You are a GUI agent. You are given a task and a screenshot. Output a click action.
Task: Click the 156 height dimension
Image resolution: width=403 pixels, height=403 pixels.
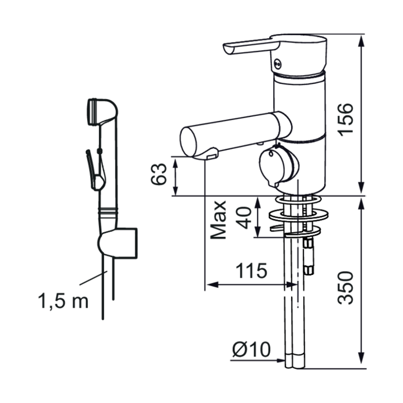tap(346, 120)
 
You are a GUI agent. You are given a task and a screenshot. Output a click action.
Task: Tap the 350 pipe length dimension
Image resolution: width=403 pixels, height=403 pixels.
tap(346, 288)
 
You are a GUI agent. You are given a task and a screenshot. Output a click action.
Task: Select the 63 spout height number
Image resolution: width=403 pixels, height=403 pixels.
tap(158, 174)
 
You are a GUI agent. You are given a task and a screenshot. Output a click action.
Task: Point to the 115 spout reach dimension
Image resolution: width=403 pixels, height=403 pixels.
tap(251, 271)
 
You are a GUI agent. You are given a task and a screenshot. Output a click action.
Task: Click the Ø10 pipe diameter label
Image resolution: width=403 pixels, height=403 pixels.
tap(251, 349)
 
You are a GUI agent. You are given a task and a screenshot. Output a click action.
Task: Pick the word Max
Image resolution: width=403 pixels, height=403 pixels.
tap(218, 220)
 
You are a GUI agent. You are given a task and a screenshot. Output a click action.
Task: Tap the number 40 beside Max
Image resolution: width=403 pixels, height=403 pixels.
tap(244, 218)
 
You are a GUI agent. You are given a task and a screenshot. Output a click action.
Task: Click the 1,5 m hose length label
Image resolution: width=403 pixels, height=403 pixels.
tap(63, 301)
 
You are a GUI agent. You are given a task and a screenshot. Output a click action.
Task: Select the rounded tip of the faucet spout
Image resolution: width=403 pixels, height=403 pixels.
tap(189, 142)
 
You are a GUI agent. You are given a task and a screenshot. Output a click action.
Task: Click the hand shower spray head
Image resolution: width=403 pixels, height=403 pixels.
tap(102, 111)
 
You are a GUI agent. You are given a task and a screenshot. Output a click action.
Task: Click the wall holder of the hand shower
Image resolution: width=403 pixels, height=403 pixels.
tap(118, 242)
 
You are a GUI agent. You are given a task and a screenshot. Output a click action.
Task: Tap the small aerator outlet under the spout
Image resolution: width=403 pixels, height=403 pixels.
tap(212, 157)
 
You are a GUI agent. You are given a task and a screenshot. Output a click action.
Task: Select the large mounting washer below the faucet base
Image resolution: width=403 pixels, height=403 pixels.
tap(299, 215)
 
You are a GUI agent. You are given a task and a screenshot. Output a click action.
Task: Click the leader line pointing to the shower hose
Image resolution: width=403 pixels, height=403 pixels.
tap(93, 278)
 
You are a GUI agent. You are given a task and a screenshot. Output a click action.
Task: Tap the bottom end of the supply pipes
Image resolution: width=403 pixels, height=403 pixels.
tap(295, 367)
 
